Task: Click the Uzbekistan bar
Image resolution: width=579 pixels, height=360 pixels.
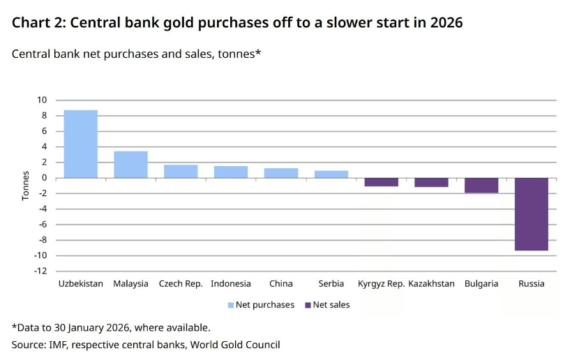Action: click(x=81, y=144)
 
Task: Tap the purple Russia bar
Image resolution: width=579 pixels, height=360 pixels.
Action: click(x=532, y=214)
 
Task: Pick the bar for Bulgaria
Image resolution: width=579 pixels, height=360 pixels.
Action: click(x=481, y=186)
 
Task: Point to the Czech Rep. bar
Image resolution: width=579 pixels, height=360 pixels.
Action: click(x=181, y=172)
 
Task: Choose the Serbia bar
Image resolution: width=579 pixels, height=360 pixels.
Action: click(x=331, y=174)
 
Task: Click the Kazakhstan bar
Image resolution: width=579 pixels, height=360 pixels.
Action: click(x=431, y=182)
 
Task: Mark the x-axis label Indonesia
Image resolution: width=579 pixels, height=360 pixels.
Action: click(x=231, y=284)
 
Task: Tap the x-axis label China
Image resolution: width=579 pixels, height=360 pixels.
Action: click(x=281, y=284)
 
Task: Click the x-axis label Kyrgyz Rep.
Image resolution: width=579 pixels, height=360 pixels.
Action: click(x=381, y=284)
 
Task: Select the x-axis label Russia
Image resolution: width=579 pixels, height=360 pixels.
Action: click(x=532, y=284)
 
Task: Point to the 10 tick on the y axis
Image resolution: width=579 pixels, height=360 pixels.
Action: click(x=43, y=100)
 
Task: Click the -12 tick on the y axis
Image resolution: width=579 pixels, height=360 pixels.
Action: click(x=41, y=271)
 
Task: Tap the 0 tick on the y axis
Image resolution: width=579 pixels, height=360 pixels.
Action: click(x=45, y=178)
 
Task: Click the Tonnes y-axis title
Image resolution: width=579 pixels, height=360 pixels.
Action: click(x=26, y=186)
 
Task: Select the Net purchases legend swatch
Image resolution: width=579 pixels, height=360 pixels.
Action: click(x=231, y=305)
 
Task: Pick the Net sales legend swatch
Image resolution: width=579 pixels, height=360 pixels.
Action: click(x=308, y=305)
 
